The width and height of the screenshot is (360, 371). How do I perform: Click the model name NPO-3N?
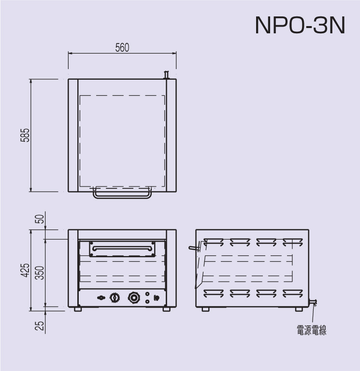pos(300,25)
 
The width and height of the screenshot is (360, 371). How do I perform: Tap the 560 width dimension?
pos(122,47)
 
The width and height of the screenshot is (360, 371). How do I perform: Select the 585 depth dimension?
pos(25,135)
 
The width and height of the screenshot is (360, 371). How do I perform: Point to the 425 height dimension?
pos(25,270)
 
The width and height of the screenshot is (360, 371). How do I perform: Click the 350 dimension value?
pos(40,273)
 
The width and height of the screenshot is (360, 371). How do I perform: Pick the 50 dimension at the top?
pos(40,219)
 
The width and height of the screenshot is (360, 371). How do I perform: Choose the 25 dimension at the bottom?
pos(40,326)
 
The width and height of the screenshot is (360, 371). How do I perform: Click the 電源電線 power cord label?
pos(312,330)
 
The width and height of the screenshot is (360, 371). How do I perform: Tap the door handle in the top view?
pos(122,197)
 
